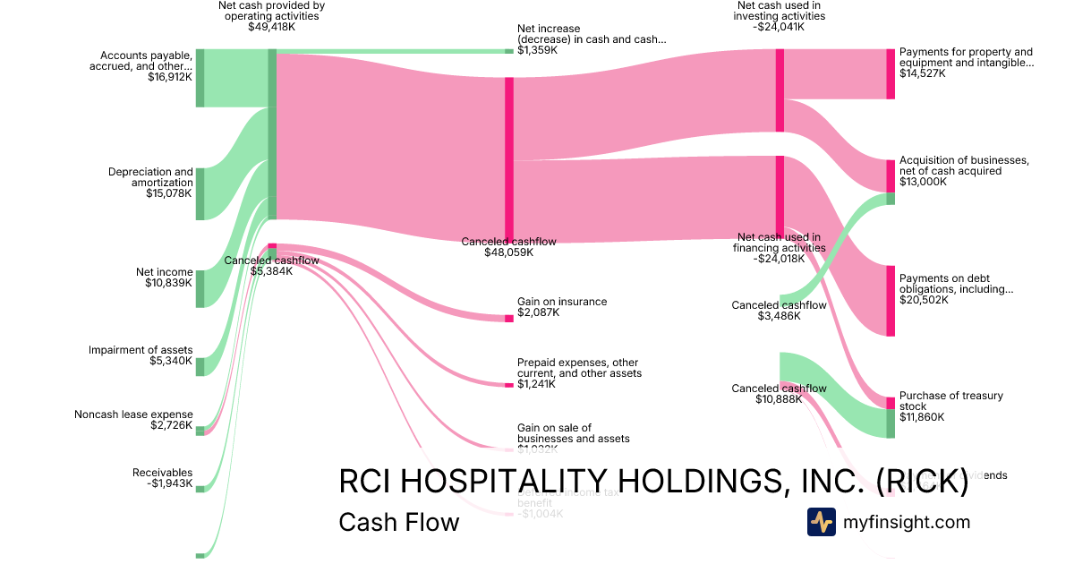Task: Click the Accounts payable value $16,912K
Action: [170, 78]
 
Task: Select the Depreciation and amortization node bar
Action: [200, 192]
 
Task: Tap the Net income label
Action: [164, 271]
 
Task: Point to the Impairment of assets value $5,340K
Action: [170, 362]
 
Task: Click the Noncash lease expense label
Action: [133, 414]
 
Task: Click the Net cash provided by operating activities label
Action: [271, 11]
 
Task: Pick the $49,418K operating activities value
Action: [271, 27]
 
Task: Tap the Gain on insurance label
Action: [562, 302]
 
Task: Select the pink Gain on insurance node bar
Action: [508, 318]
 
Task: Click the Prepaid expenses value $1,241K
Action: [536, 384]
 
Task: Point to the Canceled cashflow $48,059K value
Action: [508, 252]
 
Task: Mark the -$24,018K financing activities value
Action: [779, 259]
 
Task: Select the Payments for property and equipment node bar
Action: [890, 73]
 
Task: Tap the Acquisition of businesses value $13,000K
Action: [922, 182]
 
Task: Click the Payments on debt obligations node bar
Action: [890, 300]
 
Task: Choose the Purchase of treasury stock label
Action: [951, 400]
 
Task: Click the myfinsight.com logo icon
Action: [821, 522]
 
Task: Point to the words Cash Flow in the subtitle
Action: [398, 522]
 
